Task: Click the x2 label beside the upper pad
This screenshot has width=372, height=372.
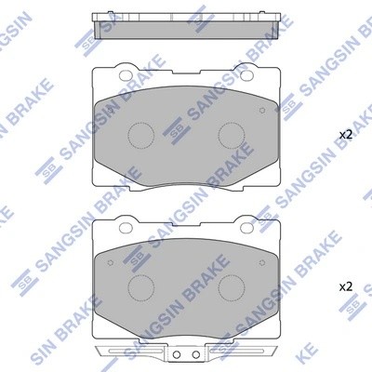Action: (345, 136)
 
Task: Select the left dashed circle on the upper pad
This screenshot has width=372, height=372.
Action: (139, 135)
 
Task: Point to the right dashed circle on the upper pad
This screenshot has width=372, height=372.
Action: (230, 135)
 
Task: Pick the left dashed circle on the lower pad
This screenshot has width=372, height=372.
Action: (139, 285)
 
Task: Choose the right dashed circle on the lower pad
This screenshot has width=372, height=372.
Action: (230, 285)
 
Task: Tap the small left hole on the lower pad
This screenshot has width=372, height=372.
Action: (110, 260)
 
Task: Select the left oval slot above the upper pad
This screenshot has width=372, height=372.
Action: (124, 68)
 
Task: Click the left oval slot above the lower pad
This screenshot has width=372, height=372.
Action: (124, 223)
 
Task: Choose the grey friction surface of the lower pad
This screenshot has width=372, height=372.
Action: (186, 307)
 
